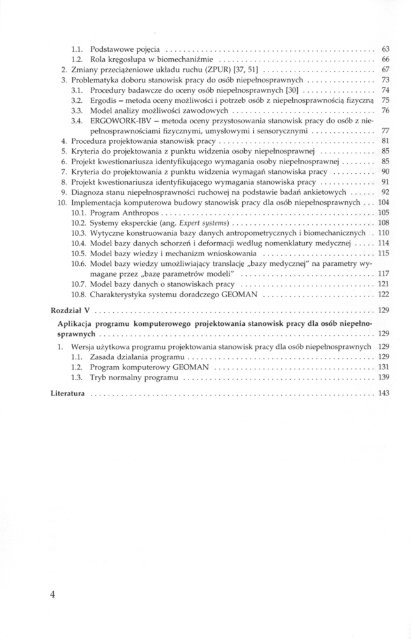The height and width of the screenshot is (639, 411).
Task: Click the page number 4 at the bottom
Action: (x=53, y=594)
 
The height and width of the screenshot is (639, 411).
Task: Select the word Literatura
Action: (x=68, y=394)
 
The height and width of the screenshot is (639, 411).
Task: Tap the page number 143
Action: (x=384, y=394)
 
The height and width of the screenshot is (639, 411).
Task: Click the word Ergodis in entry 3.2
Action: (x=103, y=100)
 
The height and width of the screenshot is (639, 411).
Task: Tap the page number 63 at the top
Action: (x=385, y=49)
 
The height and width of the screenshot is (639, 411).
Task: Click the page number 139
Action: (x=384, y=378)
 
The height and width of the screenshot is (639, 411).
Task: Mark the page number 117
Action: (x=384, y=273)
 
